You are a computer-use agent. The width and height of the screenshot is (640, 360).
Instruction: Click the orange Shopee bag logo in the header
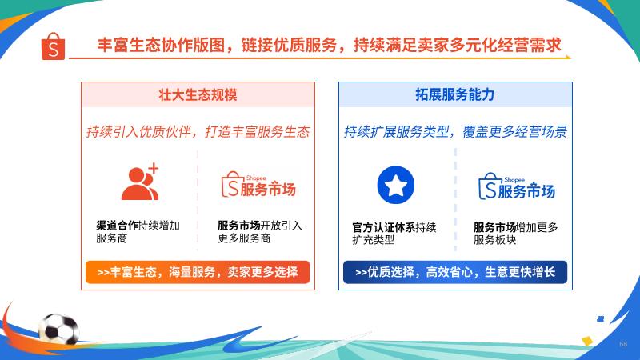[x=53, y=46]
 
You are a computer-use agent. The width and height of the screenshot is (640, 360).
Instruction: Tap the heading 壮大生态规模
[x=198, y=94]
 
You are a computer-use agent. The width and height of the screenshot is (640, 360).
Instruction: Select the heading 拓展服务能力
[x=455, y=94]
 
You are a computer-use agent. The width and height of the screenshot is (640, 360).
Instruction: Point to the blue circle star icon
[x=395, y=185]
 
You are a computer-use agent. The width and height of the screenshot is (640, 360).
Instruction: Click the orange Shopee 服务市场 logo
[x=258, y=186]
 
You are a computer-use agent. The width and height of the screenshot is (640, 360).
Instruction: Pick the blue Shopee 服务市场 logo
[x=516, y=187]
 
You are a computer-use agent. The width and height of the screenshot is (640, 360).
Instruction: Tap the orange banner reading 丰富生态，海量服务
[x=198, y=272]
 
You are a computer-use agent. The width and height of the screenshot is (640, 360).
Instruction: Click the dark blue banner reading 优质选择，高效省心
[x=455, y=272]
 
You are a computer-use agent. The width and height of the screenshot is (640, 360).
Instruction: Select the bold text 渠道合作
[x=117, y=226]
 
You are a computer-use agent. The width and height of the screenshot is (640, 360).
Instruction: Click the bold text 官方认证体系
[x=384, y=227]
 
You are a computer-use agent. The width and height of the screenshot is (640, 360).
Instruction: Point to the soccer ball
[x=58, y=329]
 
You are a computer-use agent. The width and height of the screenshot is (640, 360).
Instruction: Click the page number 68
[x=623, y=344]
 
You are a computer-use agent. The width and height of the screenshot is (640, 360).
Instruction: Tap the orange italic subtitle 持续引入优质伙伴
[x=138, y=132]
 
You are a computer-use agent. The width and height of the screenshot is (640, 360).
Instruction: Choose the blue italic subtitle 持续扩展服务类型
[x=396, y=132]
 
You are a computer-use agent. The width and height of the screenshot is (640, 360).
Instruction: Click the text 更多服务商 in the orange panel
[x=244, y=238]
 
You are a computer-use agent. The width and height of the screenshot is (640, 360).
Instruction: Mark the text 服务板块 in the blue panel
[x=494, y=240]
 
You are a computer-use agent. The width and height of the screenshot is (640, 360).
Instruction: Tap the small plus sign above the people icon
[x=154, y=168]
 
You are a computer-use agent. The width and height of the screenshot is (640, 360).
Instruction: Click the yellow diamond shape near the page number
[x=587, y=341]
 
